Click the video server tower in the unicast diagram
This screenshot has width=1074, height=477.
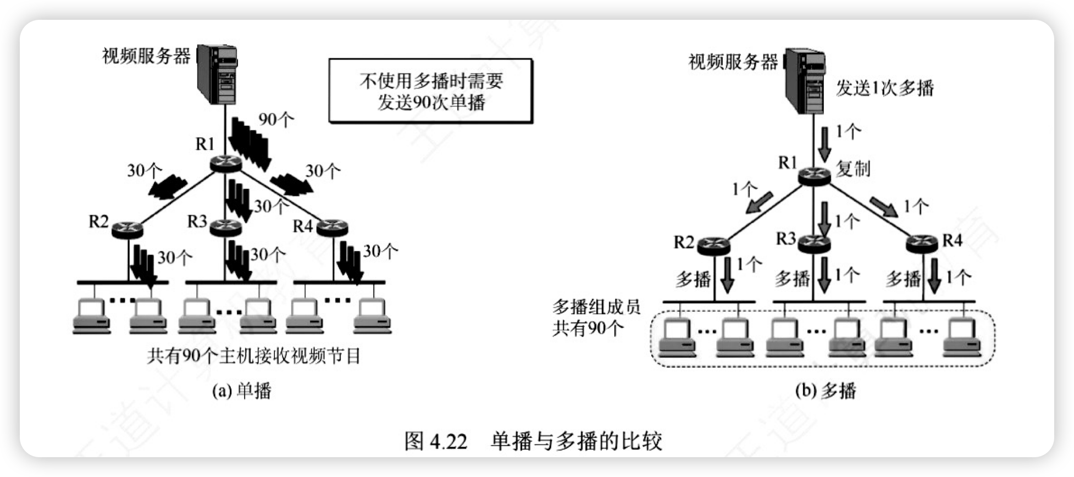[218, 74]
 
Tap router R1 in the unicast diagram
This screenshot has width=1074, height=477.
[225, 163]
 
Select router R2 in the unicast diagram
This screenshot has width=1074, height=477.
[127, 229]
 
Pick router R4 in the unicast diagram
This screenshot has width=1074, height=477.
[333, 227]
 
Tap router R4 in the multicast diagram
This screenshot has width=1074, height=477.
[922, 243]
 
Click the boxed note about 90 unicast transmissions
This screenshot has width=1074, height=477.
[430, 91]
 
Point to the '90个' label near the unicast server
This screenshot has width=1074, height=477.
[276, 119]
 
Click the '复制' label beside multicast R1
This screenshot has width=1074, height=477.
[853, 168]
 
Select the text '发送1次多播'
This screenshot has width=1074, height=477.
[884, 88]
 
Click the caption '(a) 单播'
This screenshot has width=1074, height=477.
[242, 391]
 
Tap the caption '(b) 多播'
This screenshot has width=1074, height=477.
[826, 391]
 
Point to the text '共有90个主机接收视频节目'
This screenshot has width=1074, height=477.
[253, 356]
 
